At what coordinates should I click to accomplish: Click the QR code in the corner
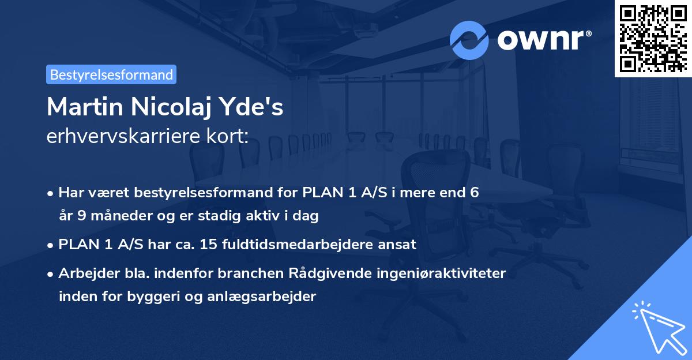653,38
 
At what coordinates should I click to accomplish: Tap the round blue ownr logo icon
469,40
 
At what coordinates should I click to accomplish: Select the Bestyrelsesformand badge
111,74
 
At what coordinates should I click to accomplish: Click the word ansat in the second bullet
398,244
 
